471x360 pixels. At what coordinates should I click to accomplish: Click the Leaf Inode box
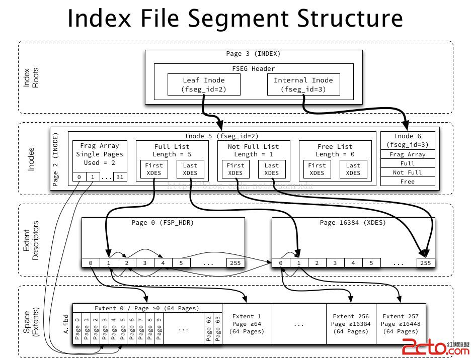pos(203,84)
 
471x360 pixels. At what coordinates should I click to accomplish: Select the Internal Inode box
pos(303,84)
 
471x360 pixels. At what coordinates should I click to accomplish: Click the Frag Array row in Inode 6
pos(408,155)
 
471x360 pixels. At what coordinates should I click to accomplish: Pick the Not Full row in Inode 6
pos(408,172)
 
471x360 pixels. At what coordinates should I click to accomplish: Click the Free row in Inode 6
pos(408,182)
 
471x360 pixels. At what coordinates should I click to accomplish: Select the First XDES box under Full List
pos(154,169)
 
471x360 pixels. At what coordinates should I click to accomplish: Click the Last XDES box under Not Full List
pos(271,169)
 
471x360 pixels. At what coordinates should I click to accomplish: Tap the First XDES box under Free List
pos(317,169)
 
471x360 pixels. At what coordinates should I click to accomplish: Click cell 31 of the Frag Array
pos(120,176)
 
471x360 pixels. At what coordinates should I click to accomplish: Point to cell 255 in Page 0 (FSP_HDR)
pos(235,262)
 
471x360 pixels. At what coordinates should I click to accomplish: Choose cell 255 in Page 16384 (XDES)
pos(426,262)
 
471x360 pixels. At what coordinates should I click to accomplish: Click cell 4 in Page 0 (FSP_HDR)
pos(163,262)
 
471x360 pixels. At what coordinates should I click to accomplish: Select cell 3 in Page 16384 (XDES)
pos(335,262)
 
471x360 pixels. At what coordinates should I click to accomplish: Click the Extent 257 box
pos(401,324)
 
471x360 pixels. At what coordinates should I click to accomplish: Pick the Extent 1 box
pos(247,324)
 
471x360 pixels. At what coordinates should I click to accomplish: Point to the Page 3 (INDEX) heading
pos(253,54)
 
